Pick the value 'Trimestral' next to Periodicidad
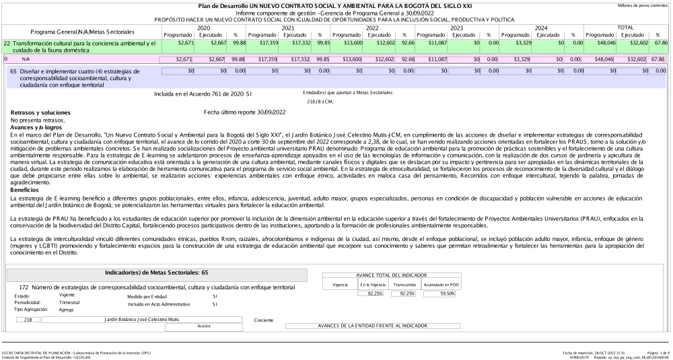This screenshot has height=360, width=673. coord(70,303)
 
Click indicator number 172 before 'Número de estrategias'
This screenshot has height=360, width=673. coord(24,287)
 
